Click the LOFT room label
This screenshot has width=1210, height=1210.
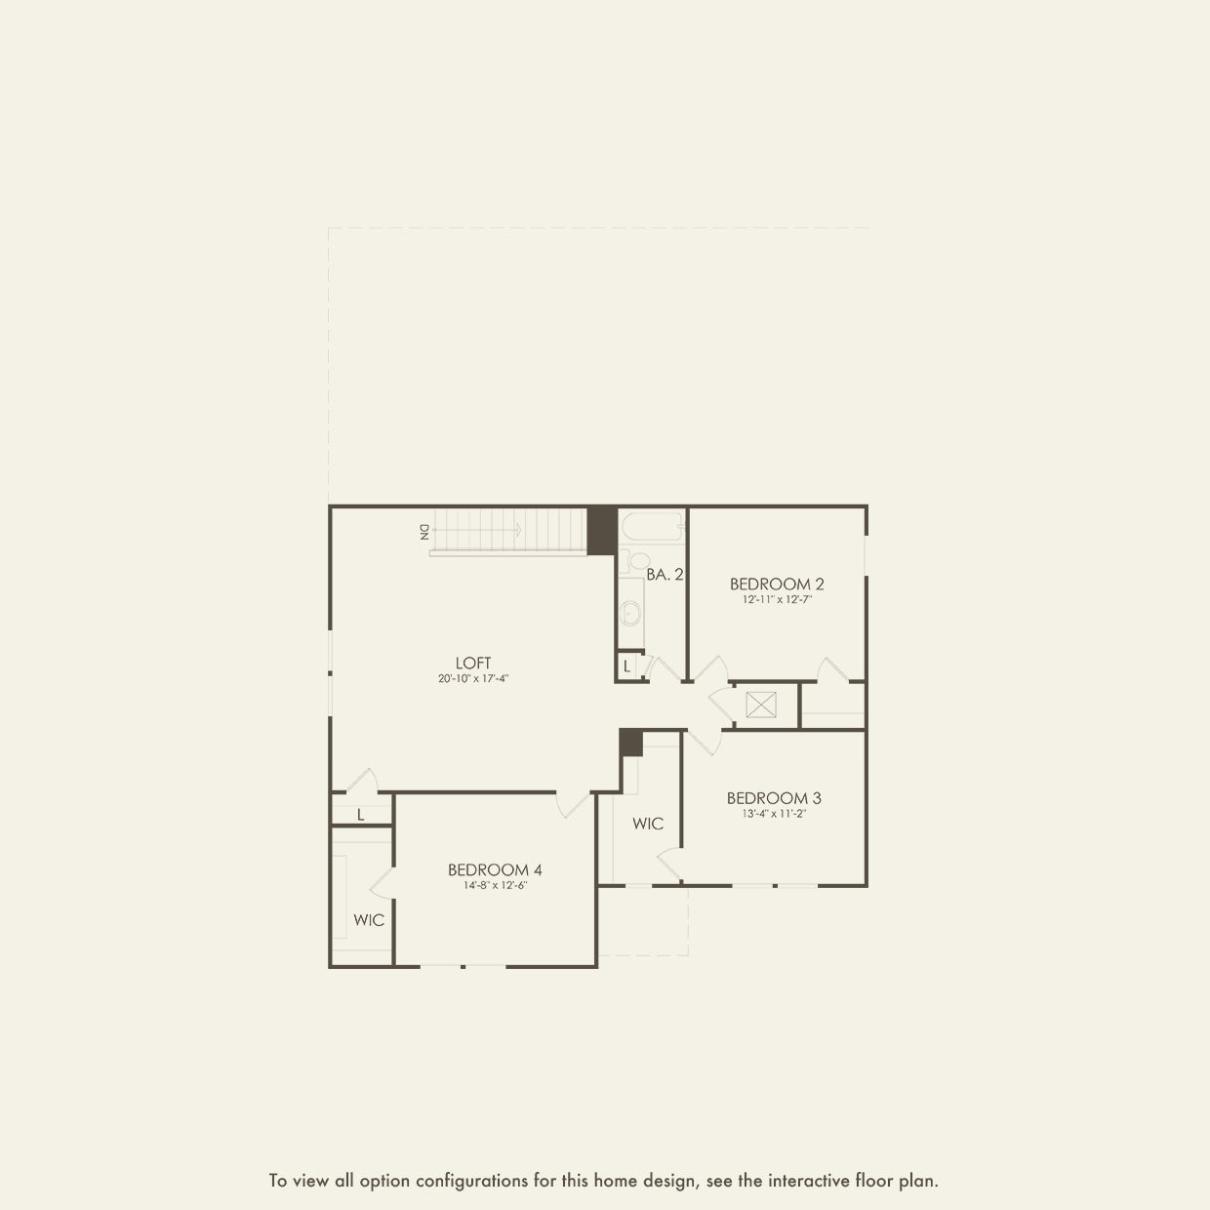pyautogui.click(x=473, y=663)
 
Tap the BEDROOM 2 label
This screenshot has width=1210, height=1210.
pyautogui.click(x=777, y=584)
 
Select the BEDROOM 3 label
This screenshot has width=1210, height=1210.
pyautogui.click(x=774, y=798)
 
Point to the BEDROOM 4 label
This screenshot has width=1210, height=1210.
pyautogui.click(x=495, y=869)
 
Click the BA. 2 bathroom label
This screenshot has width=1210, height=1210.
pyautogui.click(x=665, y=574)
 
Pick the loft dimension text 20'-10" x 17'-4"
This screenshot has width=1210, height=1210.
pyautogui.click(x=473, y=679)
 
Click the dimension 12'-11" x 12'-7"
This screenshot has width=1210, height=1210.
pyautogui.click(x=778, y=599)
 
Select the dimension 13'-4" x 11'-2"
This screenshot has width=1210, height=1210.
pyautogui.click(x=774, y=814)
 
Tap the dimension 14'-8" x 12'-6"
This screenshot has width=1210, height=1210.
pyautogui.click(x=496, y=885)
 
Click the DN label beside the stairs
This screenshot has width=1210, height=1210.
pyautogui.click(x=423, y=533)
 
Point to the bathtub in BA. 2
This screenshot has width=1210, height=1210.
pyautogui.click(x=653, y=528)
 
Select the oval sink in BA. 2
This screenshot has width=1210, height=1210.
pyautogui.click(x=630, y=612)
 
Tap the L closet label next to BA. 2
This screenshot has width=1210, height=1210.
pyautogui.click(x=626, y=666)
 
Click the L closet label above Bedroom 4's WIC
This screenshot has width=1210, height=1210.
pyautogui.click(x=360, y=815)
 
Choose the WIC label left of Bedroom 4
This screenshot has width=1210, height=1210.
pyautogui.click(x=369, y=920)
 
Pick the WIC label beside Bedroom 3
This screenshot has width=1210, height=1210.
pyautogui.click(x=648, y=824)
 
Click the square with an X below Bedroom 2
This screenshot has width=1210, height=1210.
pyautogui.click(x=761, y=705)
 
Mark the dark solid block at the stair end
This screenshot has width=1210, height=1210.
pyautogui.click(x=601, y=531)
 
